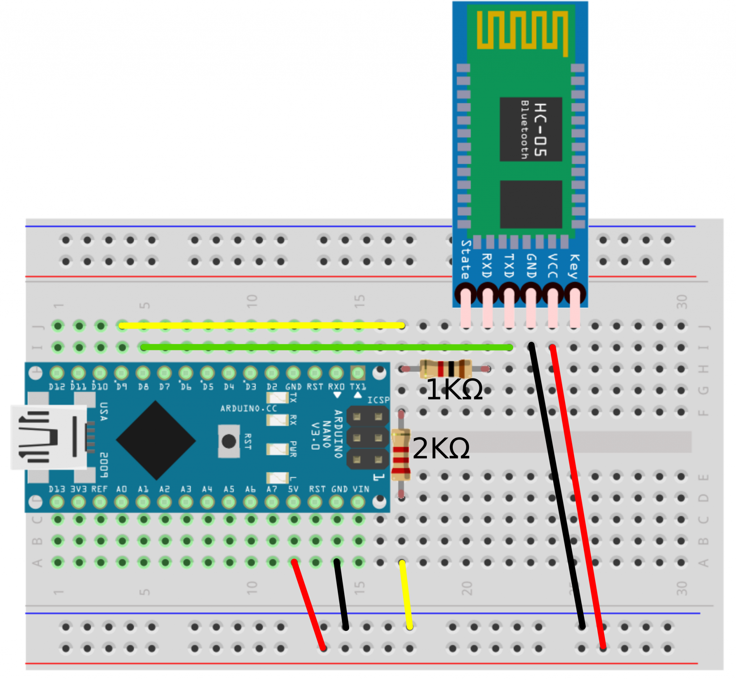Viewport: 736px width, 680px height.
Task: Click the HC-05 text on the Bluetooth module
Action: click(x=540, y=129)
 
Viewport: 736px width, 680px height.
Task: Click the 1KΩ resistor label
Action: click(x=454, y=390)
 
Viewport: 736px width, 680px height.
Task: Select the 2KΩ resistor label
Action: click(x=441, y=448)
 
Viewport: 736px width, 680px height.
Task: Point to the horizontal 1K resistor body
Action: click(x=446, y=369)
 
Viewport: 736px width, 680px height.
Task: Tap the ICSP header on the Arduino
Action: click(x=367, y=438)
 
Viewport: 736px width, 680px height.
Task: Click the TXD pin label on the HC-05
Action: click(x=509, y=266)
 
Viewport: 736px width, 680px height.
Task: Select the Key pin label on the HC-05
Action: click(x=574, y=266)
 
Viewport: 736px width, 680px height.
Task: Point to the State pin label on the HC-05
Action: click(x=466, y=260)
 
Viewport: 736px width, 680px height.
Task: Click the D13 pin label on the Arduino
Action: click(x=57, y=489)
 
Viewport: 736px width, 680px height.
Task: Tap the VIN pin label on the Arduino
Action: click(x=361, y=489)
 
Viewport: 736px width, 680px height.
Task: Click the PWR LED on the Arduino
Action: click(x=277, y=449)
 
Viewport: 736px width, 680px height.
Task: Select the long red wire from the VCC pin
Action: click(x=578, y=497)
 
